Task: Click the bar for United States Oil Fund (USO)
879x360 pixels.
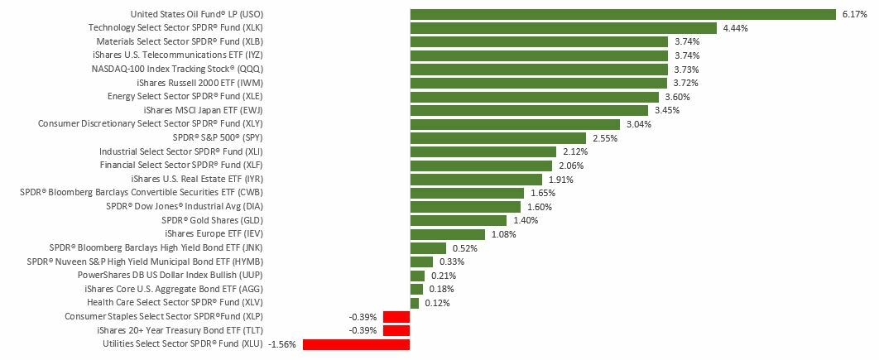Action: pos(622,14)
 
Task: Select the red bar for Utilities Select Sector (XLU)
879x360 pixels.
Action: pos(356,344)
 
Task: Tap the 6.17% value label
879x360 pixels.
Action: pos(853,14)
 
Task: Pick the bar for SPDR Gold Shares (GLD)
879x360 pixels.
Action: pos(458,221)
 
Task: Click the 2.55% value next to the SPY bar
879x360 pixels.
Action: pos(604,138)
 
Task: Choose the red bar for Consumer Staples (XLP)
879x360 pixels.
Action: pos(396,317)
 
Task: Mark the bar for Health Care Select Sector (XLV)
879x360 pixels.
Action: pos(414,303)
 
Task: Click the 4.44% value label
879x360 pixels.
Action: pos(736,28)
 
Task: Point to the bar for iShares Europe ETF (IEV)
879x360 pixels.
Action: pos(447,234)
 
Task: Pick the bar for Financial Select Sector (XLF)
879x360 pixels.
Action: pos(481,166)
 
